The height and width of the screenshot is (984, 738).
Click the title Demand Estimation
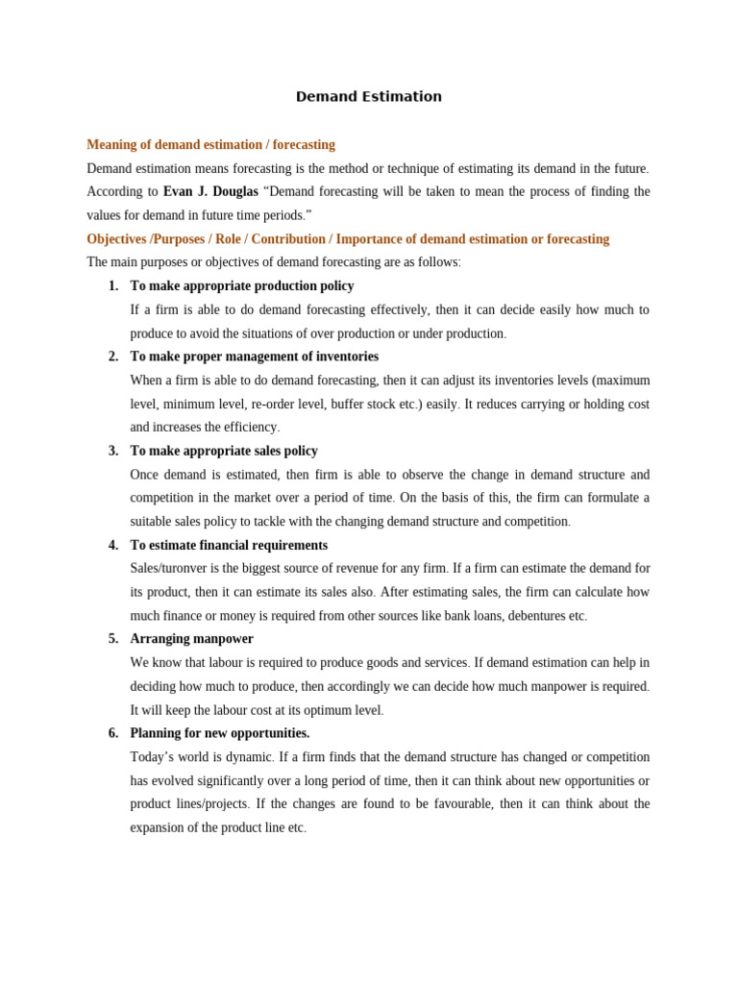[x=369, y=97]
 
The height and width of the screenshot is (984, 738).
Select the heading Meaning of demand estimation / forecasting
[x=210, y=145]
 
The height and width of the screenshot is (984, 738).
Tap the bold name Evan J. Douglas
[x=210, y=192]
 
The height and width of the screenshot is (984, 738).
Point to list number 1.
[x=113, y=286]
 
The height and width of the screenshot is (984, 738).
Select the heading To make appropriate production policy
[x=242, y=286]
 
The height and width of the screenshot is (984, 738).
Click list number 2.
[x=113, y=357]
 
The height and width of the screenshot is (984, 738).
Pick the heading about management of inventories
[x=254, y=357]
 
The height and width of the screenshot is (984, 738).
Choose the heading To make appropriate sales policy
[x=224, y=451]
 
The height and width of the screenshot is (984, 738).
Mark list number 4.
[x=113, y=545]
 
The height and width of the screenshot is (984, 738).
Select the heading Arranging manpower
[x=192, y=639]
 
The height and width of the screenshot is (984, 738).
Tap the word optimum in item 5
[x=307, y=710]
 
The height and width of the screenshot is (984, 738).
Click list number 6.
[x=113, y=733]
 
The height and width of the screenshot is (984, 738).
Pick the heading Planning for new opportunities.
[x=220, y=733]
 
